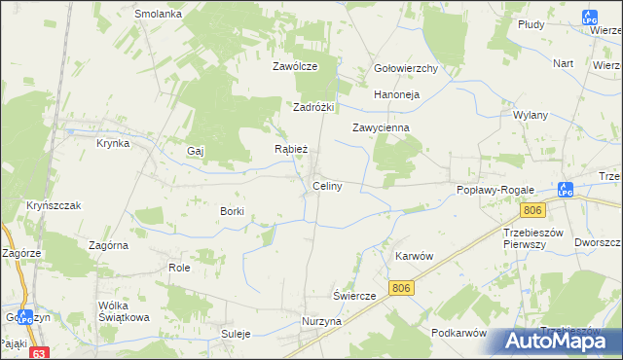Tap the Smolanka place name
click(x=159, y=15)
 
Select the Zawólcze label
click(x=296, y=67)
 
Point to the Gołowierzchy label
click(x=406, y=69)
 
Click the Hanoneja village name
click(x=396, y=95)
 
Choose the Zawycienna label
click(x=381, y=127)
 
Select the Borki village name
click(x=232, y=211)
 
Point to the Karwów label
click(x=413, y=255)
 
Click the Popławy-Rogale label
click(x=492, y=191)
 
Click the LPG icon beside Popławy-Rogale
click(x=566, y=190)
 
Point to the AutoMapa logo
click(x=559, y=341)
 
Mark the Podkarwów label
click(x=458, y=333)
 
